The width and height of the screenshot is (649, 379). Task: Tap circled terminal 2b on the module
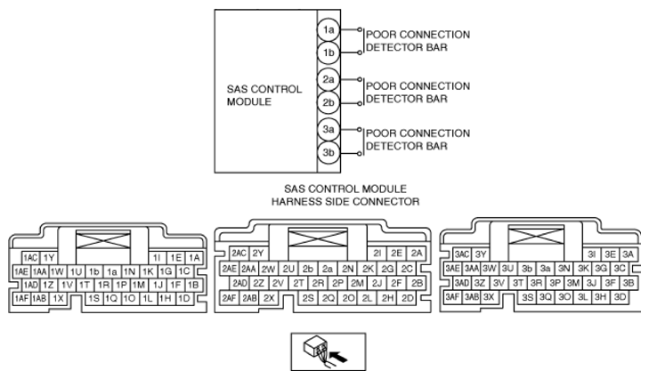coord(329,102)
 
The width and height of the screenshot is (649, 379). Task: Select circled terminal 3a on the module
coord(329,130)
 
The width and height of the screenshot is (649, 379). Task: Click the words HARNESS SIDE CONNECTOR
coord(345,202)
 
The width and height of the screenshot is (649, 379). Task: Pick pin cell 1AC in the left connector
coord(30,257)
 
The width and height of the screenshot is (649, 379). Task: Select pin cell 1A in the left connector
coord(195,257)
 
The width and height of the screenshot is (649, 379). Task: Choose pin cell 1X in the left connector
coord(60,298)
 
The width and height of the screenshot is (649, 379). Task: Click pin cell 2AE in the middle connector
coord(230,268)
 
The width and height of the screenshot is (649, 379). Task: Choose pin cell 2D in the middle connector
coord(408,296)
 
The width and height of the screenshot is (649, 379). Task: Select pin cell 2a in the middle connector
coord(328,268)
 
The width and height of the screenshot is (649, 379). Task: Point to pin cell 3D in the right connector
coord(621,296)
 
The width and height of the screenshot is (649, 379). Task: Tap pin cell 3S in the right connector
coord(529,296)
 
